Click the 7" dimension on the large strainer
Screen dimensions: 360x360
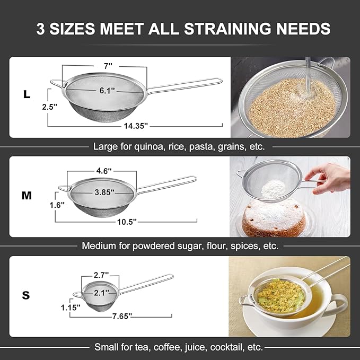(x=108, y=66)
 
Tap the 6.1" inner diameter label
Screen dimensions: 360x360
(x=108, y=90)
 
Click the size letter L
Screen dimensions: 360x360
(x=26, y=94)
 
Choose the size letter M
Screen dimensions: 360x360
(x=27, y=196)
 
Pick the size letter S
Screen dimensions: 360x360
(x=25, y=295)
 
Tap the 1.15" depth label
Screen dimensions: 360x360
(x=70, y=306)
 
